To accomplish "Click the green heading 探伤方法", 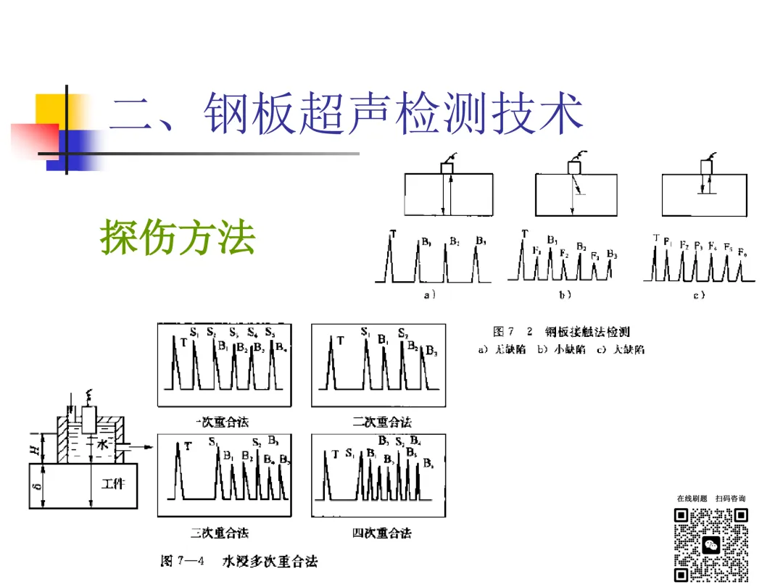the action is pos(178,237).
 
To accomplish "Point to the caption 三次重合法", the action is pos(219,533).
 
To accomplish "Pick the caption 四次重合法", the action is pos(381,533).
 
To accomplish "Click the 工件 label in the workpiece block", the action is pos(112,483).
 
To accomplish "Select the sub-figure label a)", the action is pos(429,295).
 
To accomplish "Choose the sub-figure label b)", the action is pos(565,295).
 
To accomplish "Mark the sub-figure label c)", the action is pos(699,295).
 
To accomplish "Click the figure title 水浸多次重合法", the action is pos(270,561).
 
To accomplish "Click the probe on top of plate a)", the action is pos(447,167).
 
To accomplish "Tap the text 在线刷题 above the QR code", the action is pos(692,499).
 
